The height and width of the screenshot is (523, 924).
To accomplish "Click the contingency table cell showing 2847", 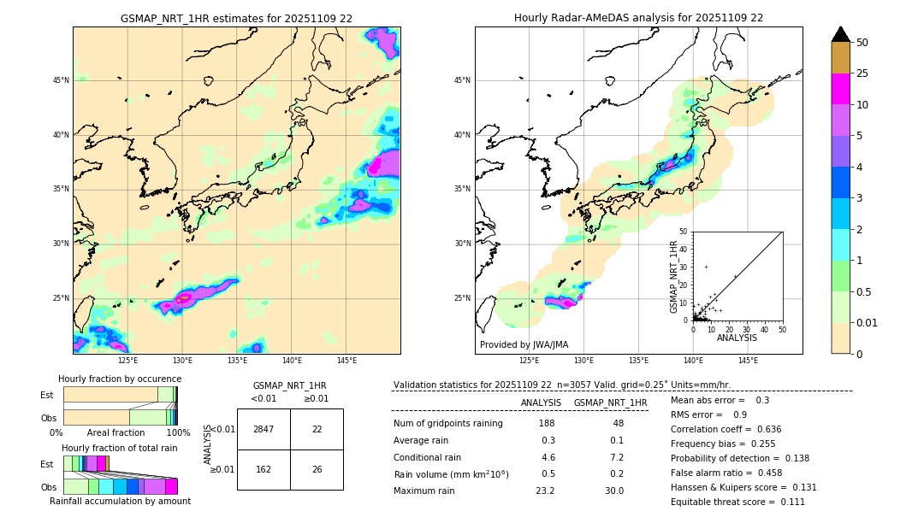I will [264, 429].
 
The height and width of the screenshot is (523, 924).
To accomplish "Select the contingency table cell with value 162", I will [264, 469].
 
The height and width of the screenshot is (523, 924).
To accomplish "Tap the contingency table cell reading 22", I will [317, 429].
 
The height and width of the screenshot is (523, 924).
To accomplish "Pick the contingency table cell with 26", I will [317, 469].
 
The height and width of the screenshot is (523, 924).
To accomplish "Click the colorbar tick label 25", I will [862, 73].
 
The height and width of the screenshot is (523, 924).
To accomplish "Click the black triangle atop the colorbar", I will [841, 34].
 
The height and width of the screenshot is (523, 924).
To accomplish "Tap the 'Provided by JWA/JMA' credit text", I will [524, 344].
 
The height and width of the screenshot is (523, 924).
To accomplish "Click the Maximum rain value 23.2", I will [545, 491].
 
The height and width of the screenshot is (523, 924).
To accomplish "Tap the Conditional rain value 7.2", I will [616, 457].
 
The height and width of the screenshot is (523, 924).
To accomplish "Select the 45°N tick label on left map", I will [61, 80].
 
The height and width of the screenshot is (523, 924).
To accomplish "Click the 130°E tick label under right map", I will [584, 361].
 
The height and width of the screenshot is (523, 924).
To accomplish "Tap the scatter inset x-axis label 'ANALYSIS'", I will [737, 338].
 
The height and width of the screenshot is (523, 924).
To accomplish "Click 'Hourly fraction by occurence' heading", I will [120, 379].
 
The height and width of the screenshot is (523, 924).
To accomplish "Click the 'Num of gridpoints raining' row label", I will [448, 424].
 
